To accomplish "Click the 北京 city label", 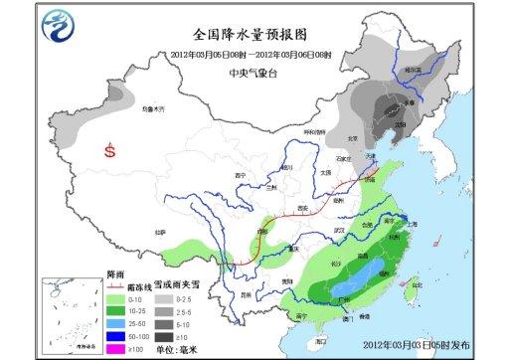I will (349, 138).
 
